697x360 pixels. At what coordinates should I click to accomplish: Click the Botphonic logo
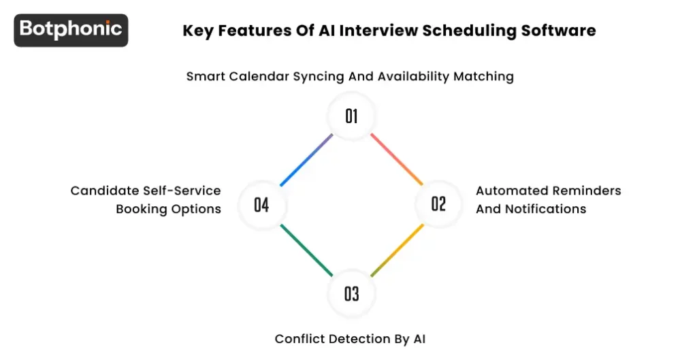71,30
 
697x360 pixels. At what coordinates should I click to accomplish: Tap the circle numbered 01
351,116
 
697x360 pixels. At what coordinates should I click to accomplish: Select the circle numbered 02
438,203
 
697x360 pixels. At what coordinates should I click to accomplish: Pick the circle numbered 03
351,293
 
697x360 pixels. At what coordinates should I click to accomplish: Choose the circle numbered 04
262,203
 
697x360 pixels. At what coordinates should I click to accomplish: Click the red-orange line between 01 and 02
395,159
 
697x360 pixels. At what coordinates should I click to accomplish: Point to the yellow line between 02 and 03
398,249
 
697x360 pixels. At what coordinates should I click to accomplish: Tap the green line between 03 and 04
306,250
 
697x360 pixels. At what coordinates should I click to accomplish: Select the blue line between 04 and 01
306,160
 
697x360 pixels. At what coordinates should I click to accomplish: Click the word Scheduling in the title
470,31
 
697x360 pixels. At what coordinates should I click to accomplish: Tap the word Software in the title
564,31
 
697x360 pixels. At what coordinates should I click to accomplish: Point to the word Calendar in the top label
257,77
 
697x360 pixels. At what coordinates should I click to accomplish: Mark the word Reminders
588,191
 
